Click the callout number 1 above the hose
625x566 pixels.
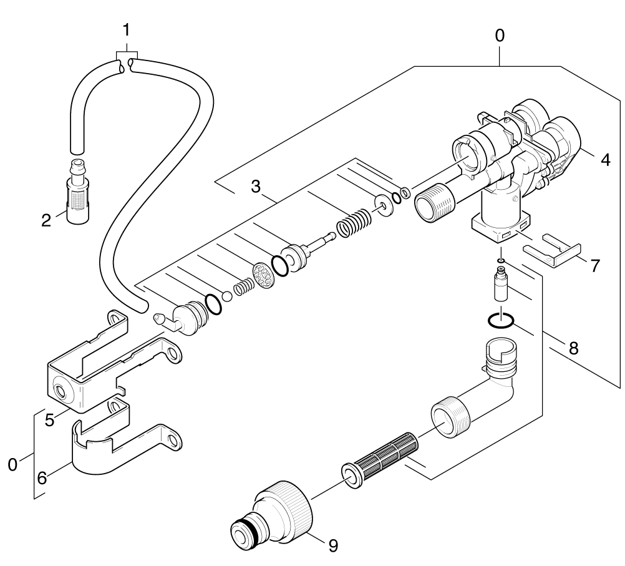pos(126,29)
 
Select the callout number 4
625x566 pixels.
pos(604,159)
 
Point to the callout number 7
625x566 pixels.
pos(595,265)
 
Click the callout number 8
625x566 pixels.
pos(572,347)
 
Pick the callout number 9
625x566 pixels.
pos(333,545)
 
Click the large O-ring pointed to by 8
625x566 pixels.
pos(500,321)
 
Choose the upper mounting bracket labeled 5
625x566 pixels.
pos(94,368)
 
